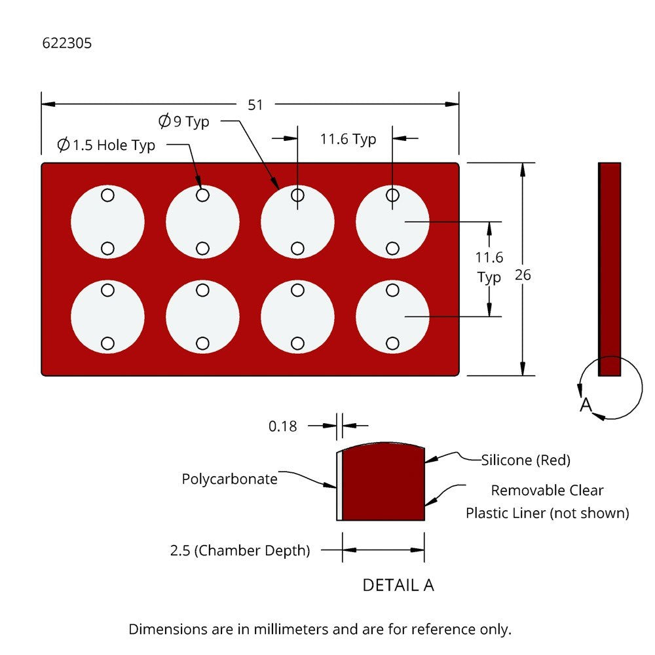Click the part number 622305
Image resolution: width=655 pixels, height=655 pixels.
click(x=67, y=44)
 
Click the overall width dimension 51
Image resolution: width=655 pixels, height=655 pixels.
click(x=255, y=105)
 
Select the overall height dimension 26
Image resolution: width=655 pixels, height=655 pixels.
click(x=523, y=275)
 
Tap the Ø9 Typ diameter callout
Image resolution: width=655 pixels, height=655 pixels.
click(x=184, y=122)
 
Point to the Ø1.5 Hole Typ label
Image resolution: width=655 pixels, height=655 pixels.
click(x=106, y=145)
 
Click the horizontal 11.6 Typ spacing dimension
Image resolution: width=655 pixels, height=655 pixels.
click(x=348, y=139)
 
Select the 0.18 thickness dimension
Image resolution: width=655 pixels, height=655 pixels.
click(x=282, y=426)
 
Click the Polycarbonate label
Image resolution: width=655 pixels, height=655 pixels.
click(x=229, y=479)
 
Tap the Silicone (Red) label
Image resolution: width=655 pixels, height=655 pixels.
click(x=526, y=460)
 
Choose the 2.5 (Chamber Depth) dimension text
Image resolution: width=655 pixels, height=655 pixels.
click(x=240, y=550)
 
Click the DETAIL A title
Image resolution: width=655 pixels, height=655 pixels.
click(x=398, y=585)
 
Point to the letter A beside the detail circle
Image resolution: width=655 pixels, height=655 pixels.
click(x=586, y=405)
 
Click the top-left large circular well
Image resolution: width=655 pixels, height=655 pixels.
click(x=107, y=222)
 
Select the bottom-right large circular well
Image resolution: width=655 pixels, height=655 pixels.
click(x=393, y=317)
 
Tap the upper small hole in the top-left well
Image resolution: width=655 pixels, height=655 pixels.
click(x=107, y=195)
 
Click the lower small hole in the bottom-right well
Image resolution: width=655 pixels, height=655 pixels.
click(x=393, y=343)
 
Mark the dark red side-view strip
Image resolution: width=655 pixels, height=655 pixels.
click(x=610, y=269)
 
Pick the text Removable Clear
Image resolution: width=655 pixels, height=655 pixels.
click(x=547, y=490)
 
